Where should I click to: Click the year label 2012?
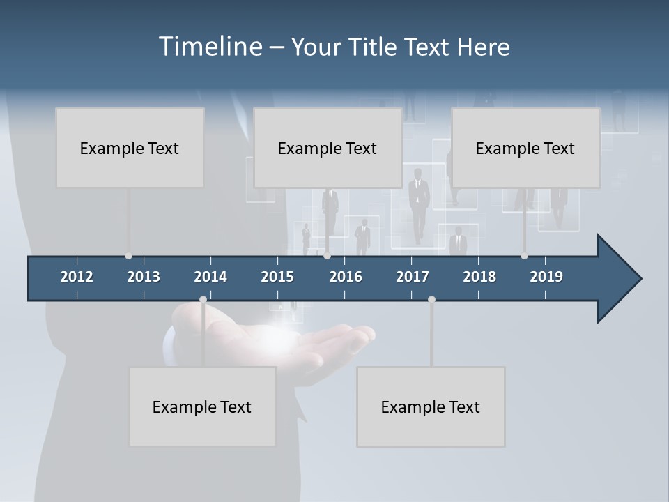click(77, 277)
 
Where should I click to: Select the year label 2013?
click(144, 277)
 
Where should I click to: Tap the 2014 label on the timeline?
click(210, 277)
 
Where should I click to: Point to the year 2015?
click(277, 277)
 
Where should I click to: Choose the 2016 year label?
click(346, 277)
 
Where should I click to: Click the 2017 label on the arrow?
click(413, 277)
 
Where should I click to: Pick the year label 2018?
click(479, 277)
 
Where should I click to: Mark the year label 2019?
click(546, 277)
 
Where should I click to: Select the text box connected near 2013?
click(130, 148)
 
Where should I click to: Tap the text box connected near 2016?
click(328, 148)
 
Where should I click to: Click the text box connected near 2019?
click(525, 148)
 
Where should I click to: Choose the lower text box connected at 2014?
click(202, 406)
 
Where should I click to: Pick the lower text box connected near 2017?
click(431, 406)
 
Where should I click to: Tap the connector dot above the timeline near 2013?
click(128, 256)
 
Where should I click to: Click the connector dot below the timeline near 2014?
click(203, 300)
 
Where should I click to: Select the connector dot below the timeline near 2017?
click(431, 300)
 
